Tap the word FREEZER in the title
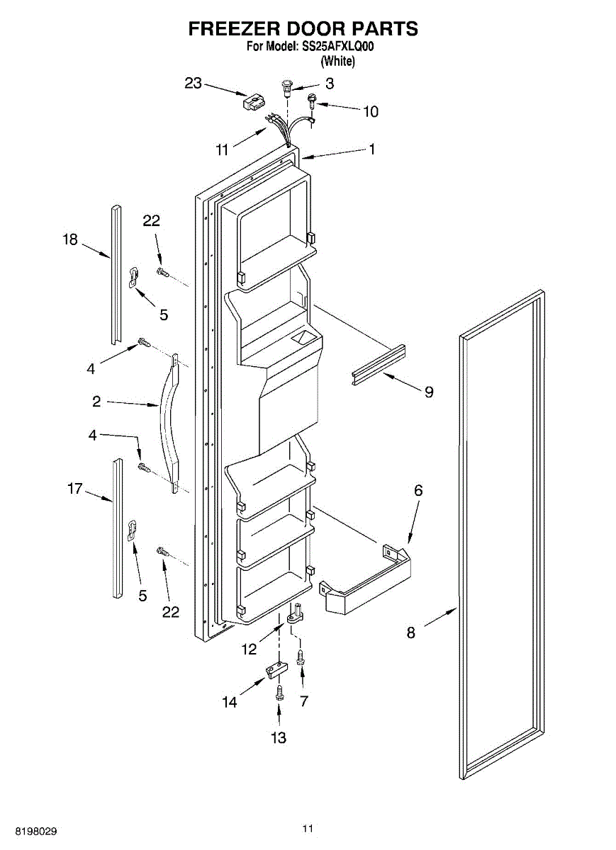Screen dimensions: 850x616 pyautogui.click(x=234, y=28)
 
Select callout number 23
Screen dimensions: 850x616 pyautogui.click(x=194, y=83)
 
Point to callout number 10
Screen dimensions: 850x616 pyautogui.click(x=371, y=111)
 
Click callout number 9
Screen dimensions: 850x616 pyautogui.click(x=429, y=391)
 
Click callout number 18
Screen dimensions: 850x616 pyautogui.click(x=69, y=240)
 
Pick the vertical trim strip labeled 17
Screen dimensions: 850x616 pyautogui.click(x=117, y=528)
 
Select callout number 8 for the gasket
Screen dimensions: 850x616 pyautogui.click(x=411, y=633)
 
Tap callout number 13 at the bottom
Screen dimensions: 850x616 pyautogui.click(x=279, y=737)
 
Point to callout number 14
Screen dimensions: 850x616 pyautogui.click(x=229, y=702)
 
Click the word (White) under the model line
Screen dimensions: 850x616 pyautogui.click(x=337, y=61)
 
